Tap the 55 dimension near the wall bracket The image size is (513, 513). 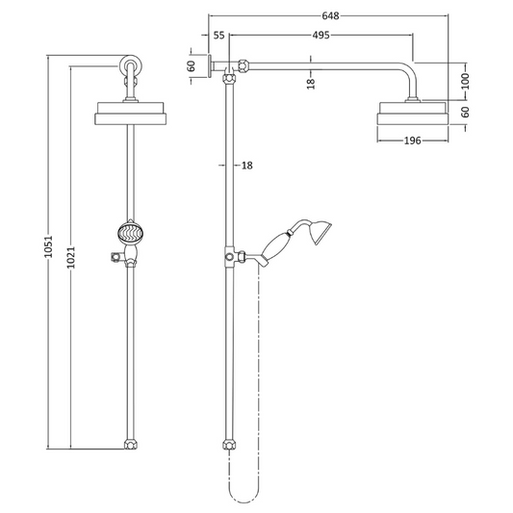pos(218,36)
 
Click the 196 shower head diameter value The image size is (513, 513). pos(414,141)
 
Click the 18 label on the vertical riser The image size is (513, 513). pos(246,166)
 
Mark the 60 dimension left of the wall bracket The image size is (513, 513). pos(192,65)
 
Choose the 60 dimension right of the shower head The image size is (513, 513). pos(466,113)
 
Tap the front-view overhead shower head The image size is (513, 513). pos(131,115)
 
